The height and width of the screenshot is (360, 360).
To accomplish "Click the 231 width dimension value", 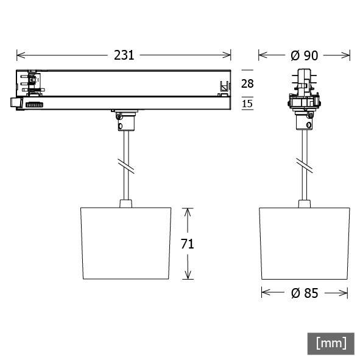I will coord(124,55).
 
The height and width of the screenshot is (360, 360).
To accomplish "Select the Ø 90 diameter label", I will coord(304,55).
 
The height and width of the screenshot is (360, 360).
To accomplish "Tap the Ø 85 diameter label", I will coord(304,293).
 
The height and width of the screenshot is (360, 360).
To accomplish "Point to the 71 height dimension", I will coord(188,244).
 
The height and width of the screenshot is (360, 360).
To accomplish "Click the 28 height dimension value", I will coord(248,83).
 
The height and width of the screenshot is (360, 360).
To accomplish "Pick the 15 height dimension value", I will coord(248,104).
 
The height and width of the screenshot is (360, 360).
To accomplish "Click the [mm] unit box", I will coord(331,343).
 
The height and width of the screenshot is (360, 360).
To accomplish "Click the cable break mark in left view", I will coord(125,164).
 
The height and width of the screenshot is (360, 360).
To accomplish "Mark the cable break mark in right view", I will coord(303,164).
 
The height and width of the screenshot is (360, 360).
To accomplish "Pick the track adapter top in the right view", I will coord(304,79).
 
